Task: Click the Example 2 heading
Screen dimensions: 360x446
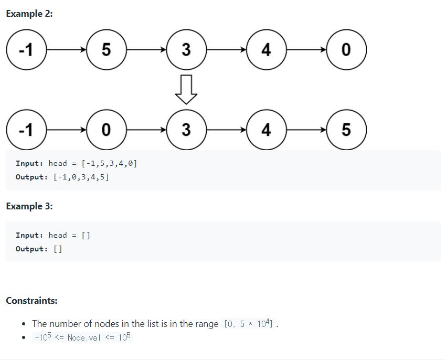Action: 29,14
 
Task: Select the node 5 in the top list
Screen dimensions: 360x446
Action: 106,50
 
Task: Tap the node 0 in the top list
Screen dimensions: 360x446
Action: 346,50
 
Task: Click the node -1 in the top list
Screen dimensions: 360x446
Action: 26,50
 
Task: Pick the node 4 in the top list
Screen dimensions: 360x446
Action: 266,50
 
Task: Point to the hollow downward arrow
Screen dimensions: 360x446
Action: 186,90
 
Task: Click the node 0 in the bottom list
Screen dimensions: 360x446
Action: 106,130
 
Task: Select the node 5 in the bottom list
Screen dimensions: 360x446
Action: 346,130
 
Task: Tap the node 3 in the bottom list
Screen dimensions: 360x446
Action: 186,130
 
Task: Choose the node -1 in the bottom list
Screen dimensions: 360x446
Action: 26,130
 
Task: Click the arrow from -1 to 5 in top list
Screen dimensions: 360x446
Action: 66,50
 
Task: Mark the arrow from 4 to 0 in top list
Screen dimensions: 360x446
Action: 306,50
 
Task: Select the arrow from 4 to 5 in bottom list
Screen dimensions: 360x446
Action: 306,130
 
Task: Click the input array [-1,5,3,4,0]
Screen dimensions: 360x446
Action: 109,163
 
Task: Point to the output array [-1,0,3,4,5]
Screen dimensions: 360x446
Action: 81,177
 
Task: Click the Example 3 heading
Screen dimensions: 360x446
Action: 29,206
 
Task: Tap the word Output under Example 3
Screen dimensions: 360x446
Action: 31,249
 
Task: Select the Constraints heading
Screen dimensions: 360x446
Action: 31,301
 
